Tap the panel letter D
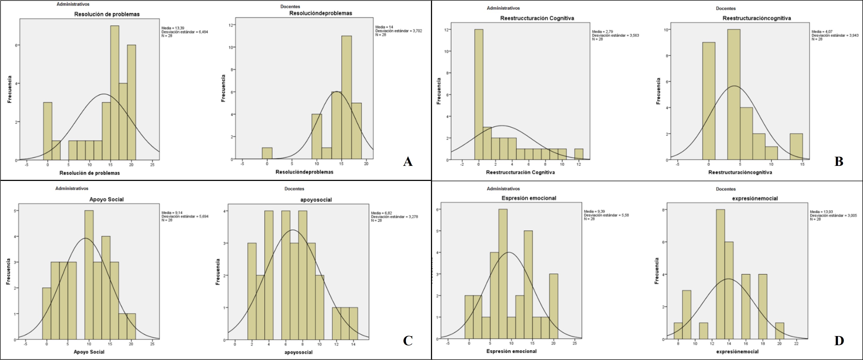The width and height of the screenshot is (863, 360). pyautogui.click(x=838, y=341)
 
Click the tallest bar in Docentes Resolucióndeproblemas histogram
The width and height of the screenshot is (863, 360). pyautogui.click(x=346, y=97)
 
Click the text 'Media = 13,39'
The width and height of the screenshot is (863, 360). pyautogui.click(x=173, y=28)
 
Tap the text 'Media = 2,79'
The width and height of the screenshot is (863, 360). pyautogui.click(x=602, y=32)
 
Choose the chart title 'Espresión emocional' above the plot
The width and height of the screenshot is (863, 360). pyautogui.click(x=529, y=198)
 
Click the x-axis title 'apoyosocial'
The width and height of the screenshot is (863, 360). pyautogui.click(x=298, y=352)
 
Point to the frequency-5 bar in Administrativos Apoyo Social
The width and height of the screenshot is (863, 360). pyautogui.click(x=89, y=275)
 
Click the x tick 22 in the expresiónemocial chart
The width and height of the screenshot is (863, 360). pyautogui.click(x=796, y=344)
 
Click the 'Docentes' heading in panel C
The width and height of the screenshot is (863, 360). pyautogui.click(x=294, y=189)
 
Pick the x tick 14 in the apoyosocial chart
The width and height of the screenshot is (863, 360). pyautogui.click(x=353, y=344)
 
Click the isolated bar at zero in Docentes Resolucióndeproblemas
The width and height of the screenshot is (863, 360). pyautogui.click(x=267, y=153)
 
